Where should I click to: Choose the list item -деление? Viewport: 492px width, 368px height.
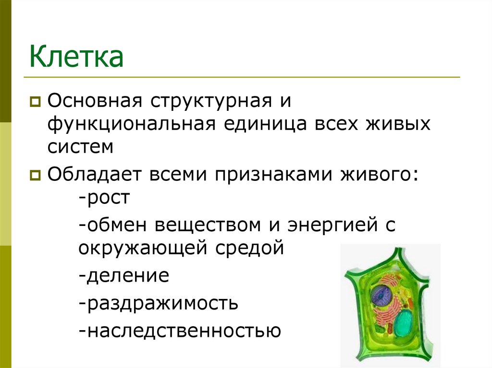coord(123,275)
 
